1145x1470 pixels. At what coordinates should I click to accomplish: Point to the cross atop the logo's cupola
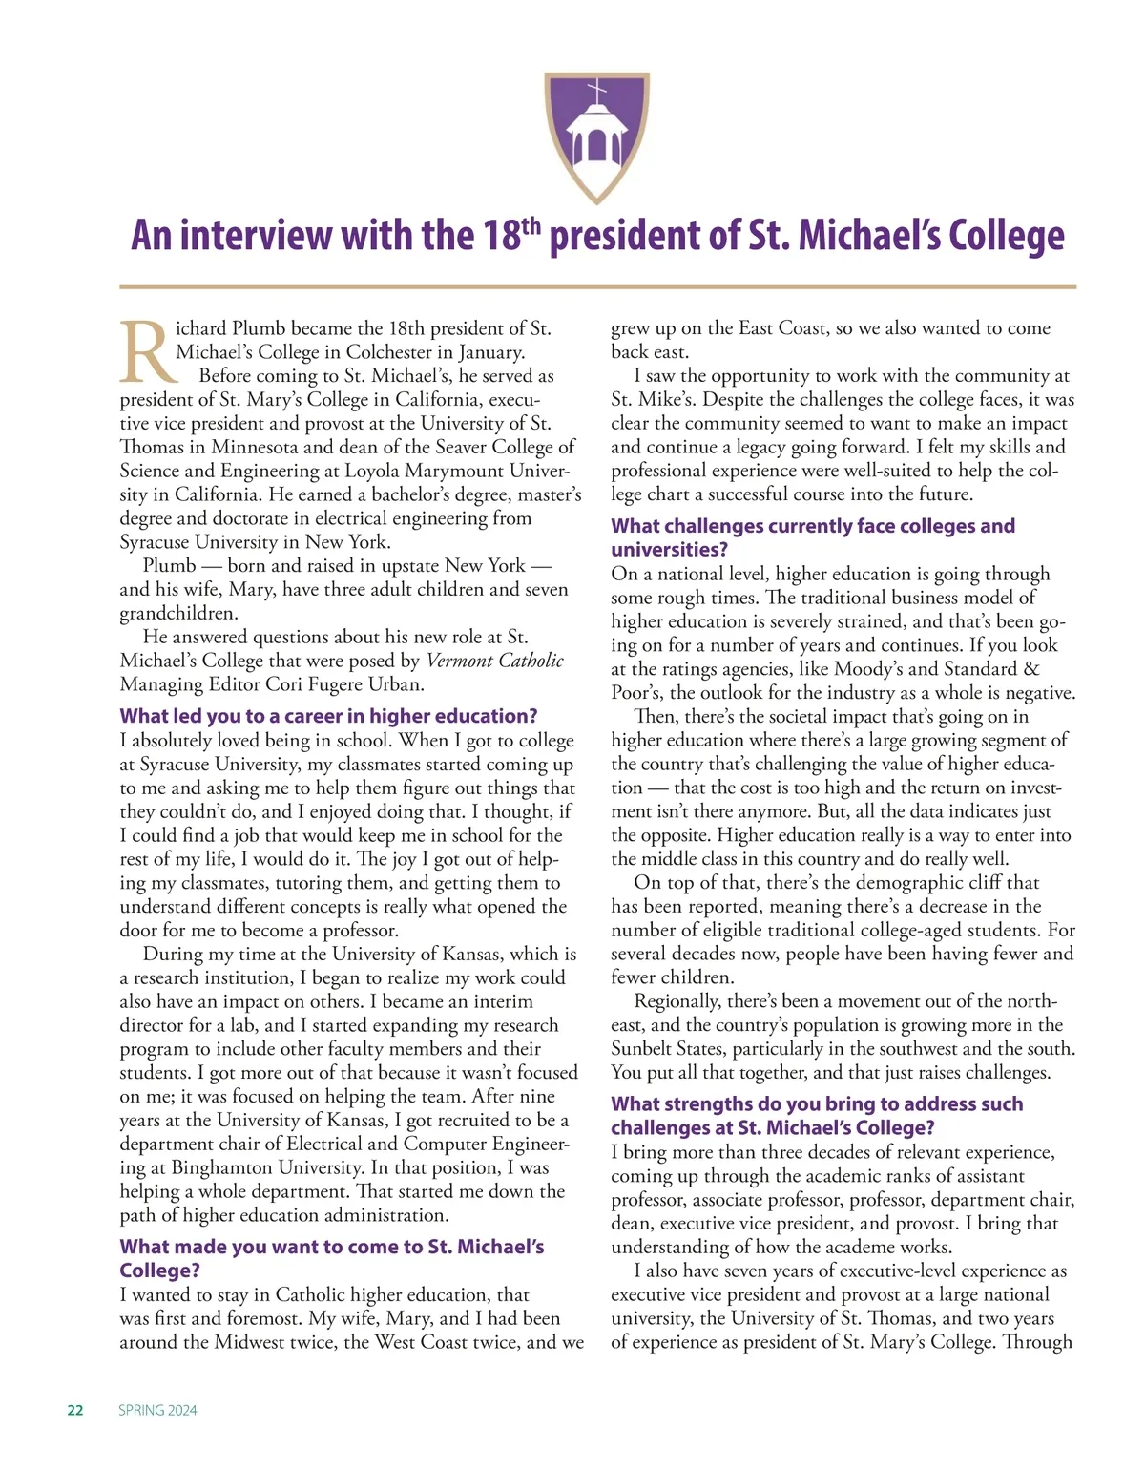(596, 94)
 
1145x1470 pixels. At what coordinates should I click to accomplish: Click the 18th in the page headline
(512, 236)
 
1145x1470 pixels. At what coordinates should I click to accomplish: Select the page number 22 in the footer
(75, 1410)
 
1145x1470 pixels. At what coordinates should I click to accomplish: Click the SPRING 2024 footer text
(157, 1410)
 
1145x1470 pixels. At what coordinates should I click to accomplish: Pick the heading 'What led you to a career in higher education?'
(328, 716)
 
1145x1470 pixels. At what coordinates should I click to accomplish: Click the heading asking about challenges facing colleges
(812, 537)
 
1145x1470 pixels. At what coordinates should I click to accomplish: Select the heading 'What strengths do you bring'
(817, 1115)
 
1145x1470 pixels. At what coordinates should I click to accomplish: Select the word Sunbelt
(643, 1048)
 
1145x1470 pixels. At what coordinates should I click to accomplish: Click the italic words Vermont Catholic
(494, 661)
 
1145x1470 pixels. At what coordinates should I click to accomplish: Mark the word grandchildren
(177, 613)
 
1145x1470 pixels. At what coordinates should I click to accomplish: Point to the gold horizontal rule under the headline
(597, 286)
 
